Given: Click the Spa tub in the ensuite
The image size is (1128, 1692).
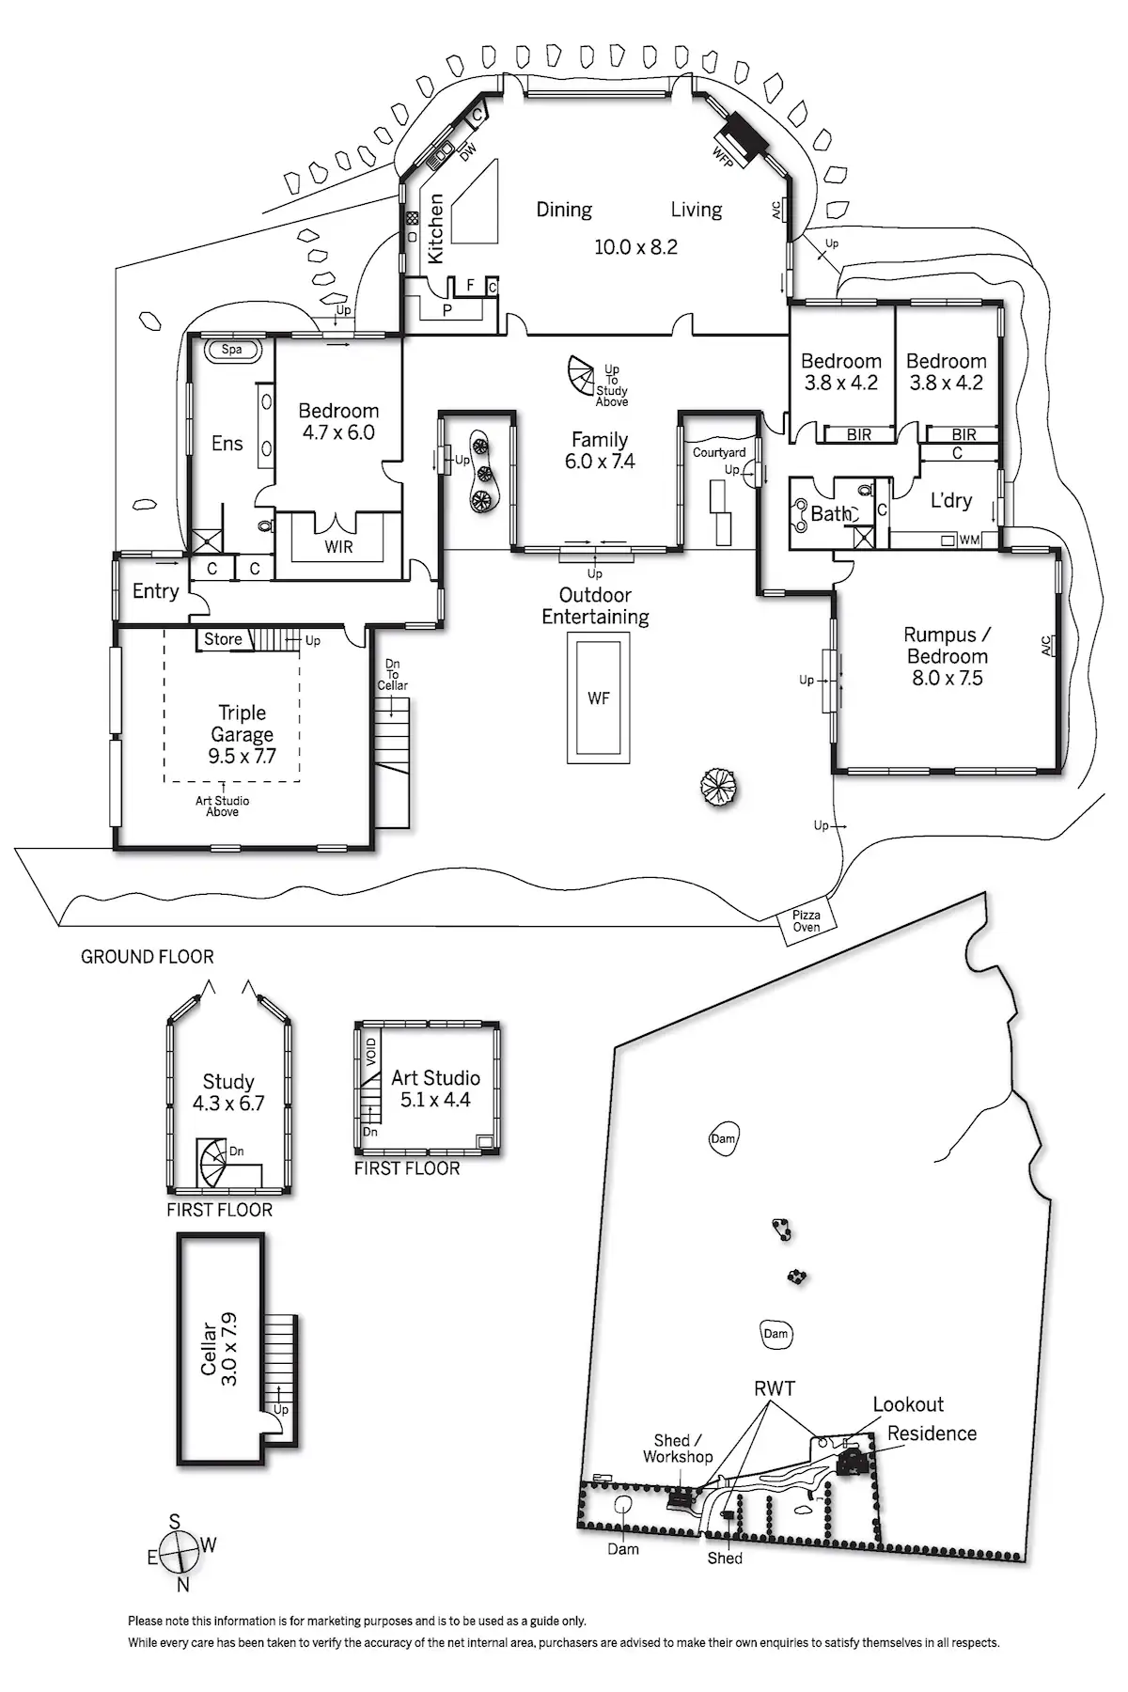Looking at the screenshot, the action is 232,350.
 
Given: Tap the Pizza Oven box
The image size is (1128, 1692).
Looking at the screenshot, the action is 806,921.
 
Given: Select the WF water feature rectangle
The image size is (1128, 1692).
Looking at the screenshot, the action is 599,697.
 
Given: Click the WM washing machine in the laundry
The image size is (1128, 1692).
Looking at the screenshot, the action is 968,540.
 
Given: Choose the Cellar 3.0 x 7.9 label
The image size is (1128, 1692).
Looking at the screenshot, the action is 218,1350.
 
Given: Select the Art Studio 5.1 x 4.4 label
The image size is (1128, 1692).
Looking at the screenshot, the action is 435,1089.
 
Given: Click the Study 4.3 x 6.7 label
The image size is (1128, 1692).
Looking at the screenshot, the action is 228,1092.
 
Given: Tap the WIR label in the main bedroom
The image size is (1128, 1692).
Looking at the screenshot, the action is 338,546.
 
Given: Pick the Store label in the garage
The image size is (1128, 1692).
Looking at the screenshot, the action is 223,639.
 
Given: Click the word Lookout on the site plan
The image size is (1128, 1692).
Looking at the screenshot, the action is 908,1404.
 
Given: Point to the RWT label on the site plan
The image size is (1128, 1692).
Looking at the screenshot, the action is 775,1388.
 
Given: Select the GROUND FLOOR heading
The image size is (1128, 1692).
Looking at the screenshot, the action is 148,957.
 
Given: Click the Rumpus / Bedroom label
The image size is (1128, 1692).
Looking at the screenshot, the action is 947,656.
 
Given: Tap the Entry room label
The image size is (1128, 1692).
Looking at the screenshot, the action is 155,591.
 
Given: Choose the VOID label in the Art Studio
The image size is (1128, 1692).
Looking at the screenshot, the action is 370,1050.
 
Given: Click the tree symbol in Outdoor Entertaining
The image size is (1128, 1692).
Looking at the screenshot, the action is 717,785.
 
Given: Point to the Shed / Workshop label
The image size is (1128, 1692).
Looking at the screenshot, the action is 678,1449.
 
